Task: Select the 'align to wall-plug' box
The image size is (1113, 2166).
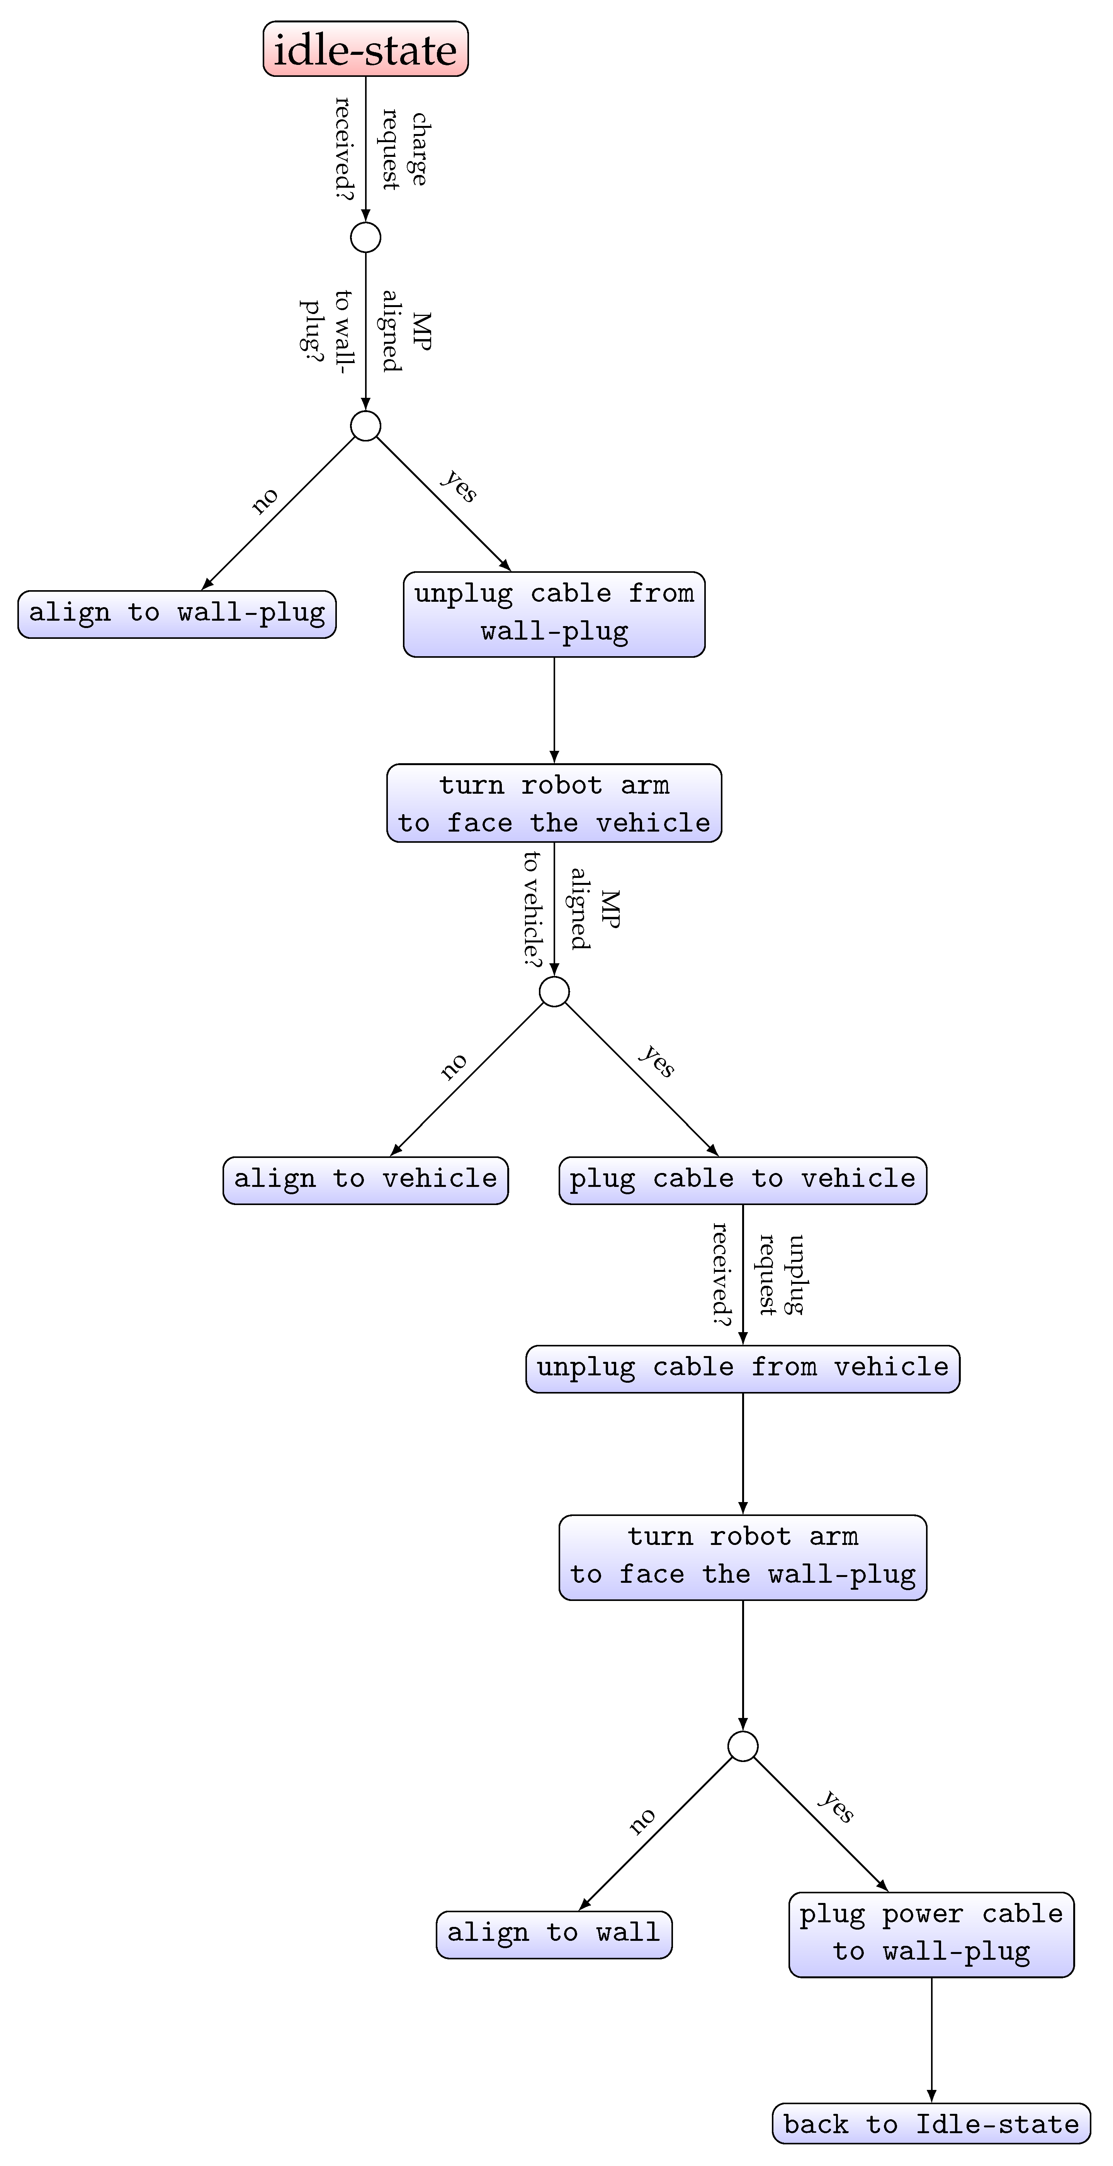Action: click(x=177, y=614)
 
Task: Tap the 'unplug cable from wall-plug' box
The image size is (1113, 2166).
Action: click(x=554, y=614)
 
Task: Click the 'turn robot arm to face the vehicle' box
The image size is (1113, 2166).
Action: click(x=554, y=803)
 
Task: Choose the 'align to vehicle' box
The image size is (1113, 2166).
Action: click(x=365, y=1180)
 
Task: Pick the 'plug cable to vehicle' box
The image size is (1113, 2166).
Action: click(x=742, y=1180)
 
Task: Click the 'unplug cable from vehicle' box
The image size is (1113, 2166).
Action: click(x=742, y=1368)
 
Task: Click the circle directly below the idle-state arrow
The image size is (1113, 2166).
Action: click(x=365, y=237)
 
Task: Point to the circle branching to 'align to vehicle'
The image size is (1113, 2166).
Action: click(x=554, y=991)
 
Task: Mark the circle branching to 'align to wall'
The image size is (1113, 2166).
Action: click(x=742, y=1745)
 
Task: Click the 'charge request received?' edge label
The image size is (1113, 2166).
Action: click(x=383, y=148)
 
